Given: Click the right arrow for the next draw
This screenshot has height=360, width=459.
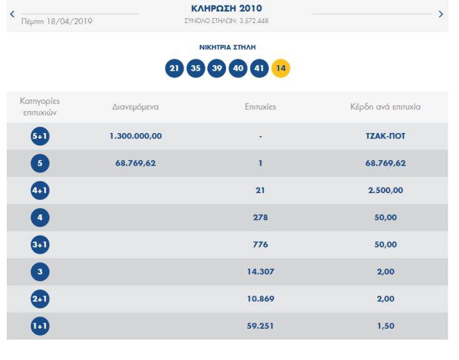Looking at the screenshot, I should point(441,14).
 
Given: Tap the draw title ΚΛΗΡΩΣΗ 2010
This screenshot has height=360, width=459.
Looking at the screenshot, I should point(226,9).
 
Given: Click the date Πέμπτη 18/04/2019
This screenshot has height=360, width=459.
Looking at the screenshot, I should point(57,21).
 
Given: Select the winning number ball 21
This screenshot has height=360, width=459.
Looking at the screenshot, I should point(174,69).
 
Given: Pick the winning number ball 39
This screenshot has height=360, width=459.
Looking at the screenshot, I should point(217,69).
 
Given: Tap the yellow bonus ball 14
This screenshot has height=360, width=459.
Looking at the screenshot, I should point(280,69).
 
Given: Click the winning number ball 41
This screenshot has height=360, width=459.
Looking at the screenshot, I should point(259,69).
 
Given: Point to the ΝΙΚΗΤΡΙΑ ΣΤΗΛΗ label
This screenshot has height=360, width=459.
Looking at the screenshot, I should point(227,47).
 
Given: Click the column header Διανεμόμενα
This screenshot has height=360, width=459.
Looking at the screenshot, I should point(136,107).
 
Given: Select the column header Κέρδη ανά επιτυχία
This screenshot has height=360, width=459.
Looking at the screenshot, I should point(385,107).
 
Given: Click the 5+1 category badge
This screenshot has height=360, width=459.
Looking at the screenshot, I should point(40,136).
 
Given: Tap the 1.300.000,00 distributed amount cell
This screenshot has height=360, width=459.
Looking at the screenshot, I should point(136,136).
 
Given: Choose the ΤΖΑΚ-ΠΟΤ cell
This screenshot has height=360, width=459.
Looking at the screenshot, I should point(385,136).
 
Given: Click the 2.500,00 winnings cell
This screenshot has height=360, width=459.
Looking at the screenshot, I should point(385,191).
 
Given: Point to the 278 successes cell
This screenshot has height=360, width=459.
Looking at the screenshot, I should point(260,217).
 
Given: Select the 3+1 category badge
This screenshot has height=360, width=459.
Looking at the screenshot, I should point(40,245).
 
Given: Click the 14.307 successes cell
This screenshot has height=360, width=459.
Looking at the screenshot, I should point(260,272).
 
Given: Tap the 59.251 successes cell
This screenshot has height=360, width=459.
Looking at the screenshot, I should point(260,326).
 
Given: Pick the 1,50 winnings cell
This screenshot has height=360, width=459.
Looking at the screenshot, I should point(385,326).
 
